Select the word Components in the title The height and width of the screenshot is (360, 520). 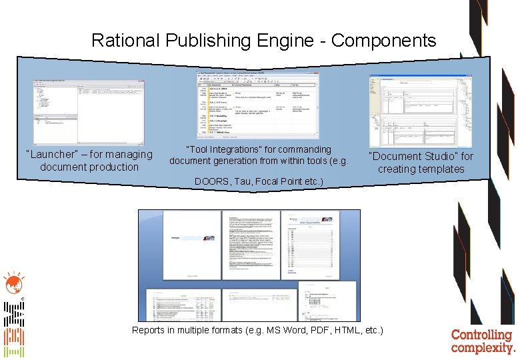(383, 41)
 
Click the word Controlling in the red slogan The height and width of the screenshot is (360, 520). (481, 335)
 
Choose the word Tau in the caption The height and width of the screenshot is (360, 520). (244, 181)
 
